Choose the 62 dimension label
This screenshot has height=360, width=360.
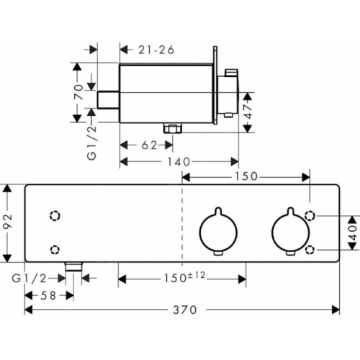click(x=149, y=145)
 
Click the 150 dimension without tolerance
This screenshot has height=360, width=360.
click(x=246, y=176)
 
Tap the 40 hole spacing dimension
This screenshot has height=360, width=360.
click(x=353, y=232)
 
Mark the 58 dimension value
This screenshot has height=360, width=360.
click(x=49, y=294)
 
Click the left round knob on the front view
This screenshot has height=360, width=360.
click(x=215, y=233)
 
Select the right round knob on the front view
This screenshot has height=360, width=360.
click(x=289, y=233)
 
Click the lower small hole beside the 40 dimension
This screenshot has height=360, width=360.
click(x=310, y=249)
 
